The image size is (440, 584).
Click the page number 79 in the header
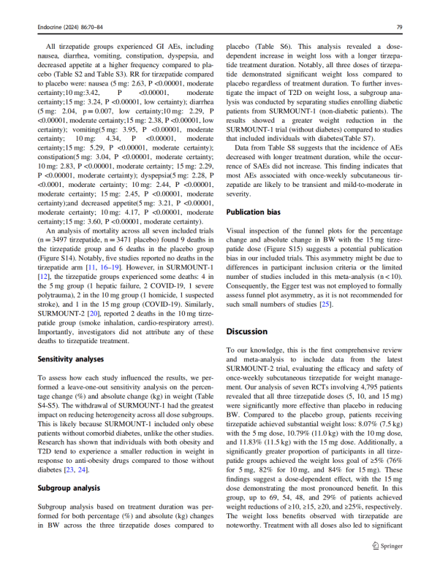coord(398,27)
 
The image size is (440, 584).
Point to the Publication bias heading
coord(252,212)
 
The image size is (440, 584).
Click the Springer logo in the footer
coord(388,566)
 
